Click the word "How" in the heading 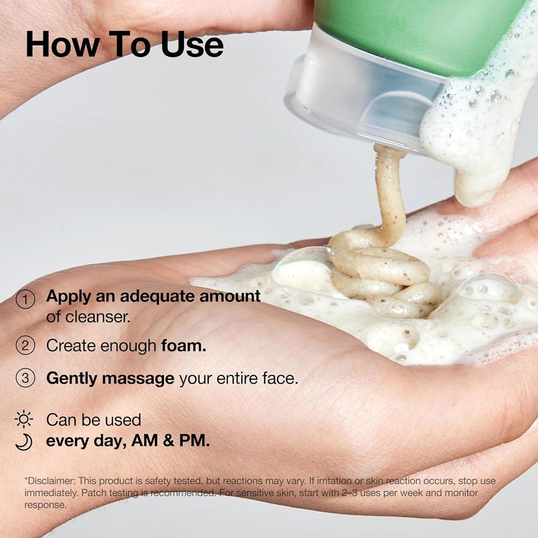63,44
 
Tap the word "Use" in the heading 193,44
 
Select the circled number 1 25,299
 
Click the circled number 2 25,345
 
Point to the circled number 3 25,378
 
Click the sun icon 24,419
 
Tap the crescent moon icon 24,442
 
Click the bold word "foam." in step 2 184,345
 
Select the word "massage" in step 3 138,379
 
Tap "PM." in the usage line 194,441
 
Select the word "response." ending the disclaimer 45,505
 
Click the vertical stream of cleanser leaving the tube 390,192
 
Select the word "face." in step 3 280,378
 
